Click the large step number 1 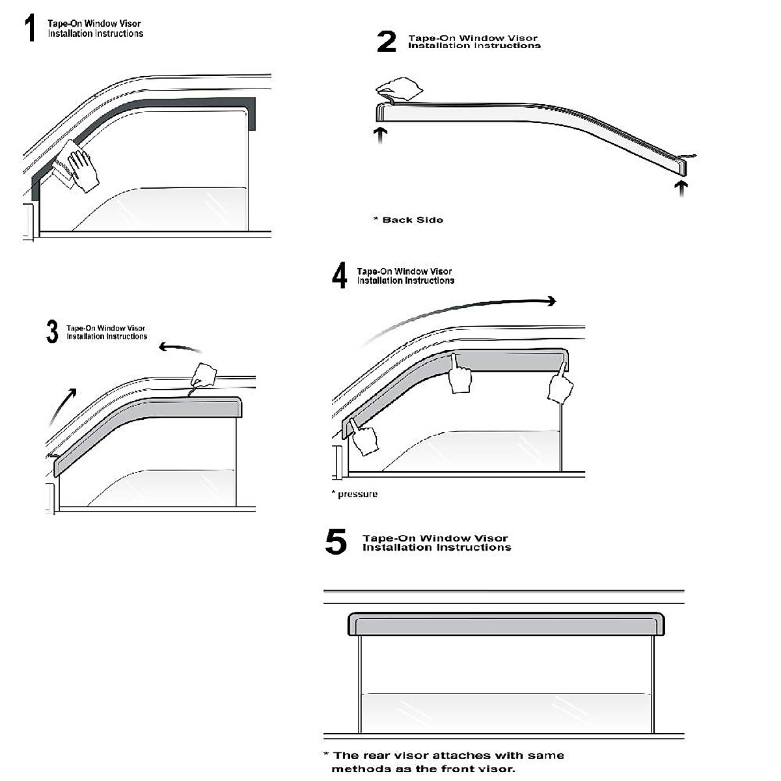pos(29,29)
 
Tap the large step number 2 pos(386,42)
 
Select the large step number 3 pos(53,332)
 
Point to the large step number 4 pos(339,276)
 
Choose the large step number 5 pos(336,542)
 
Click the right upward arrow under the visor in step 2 pos(681,188)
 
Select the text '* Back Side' pos(408,220)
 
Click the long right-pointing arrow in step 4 pos(462,309)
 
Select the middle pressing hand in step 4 pos(461,377)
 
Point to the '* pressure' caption pos(355,494)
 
